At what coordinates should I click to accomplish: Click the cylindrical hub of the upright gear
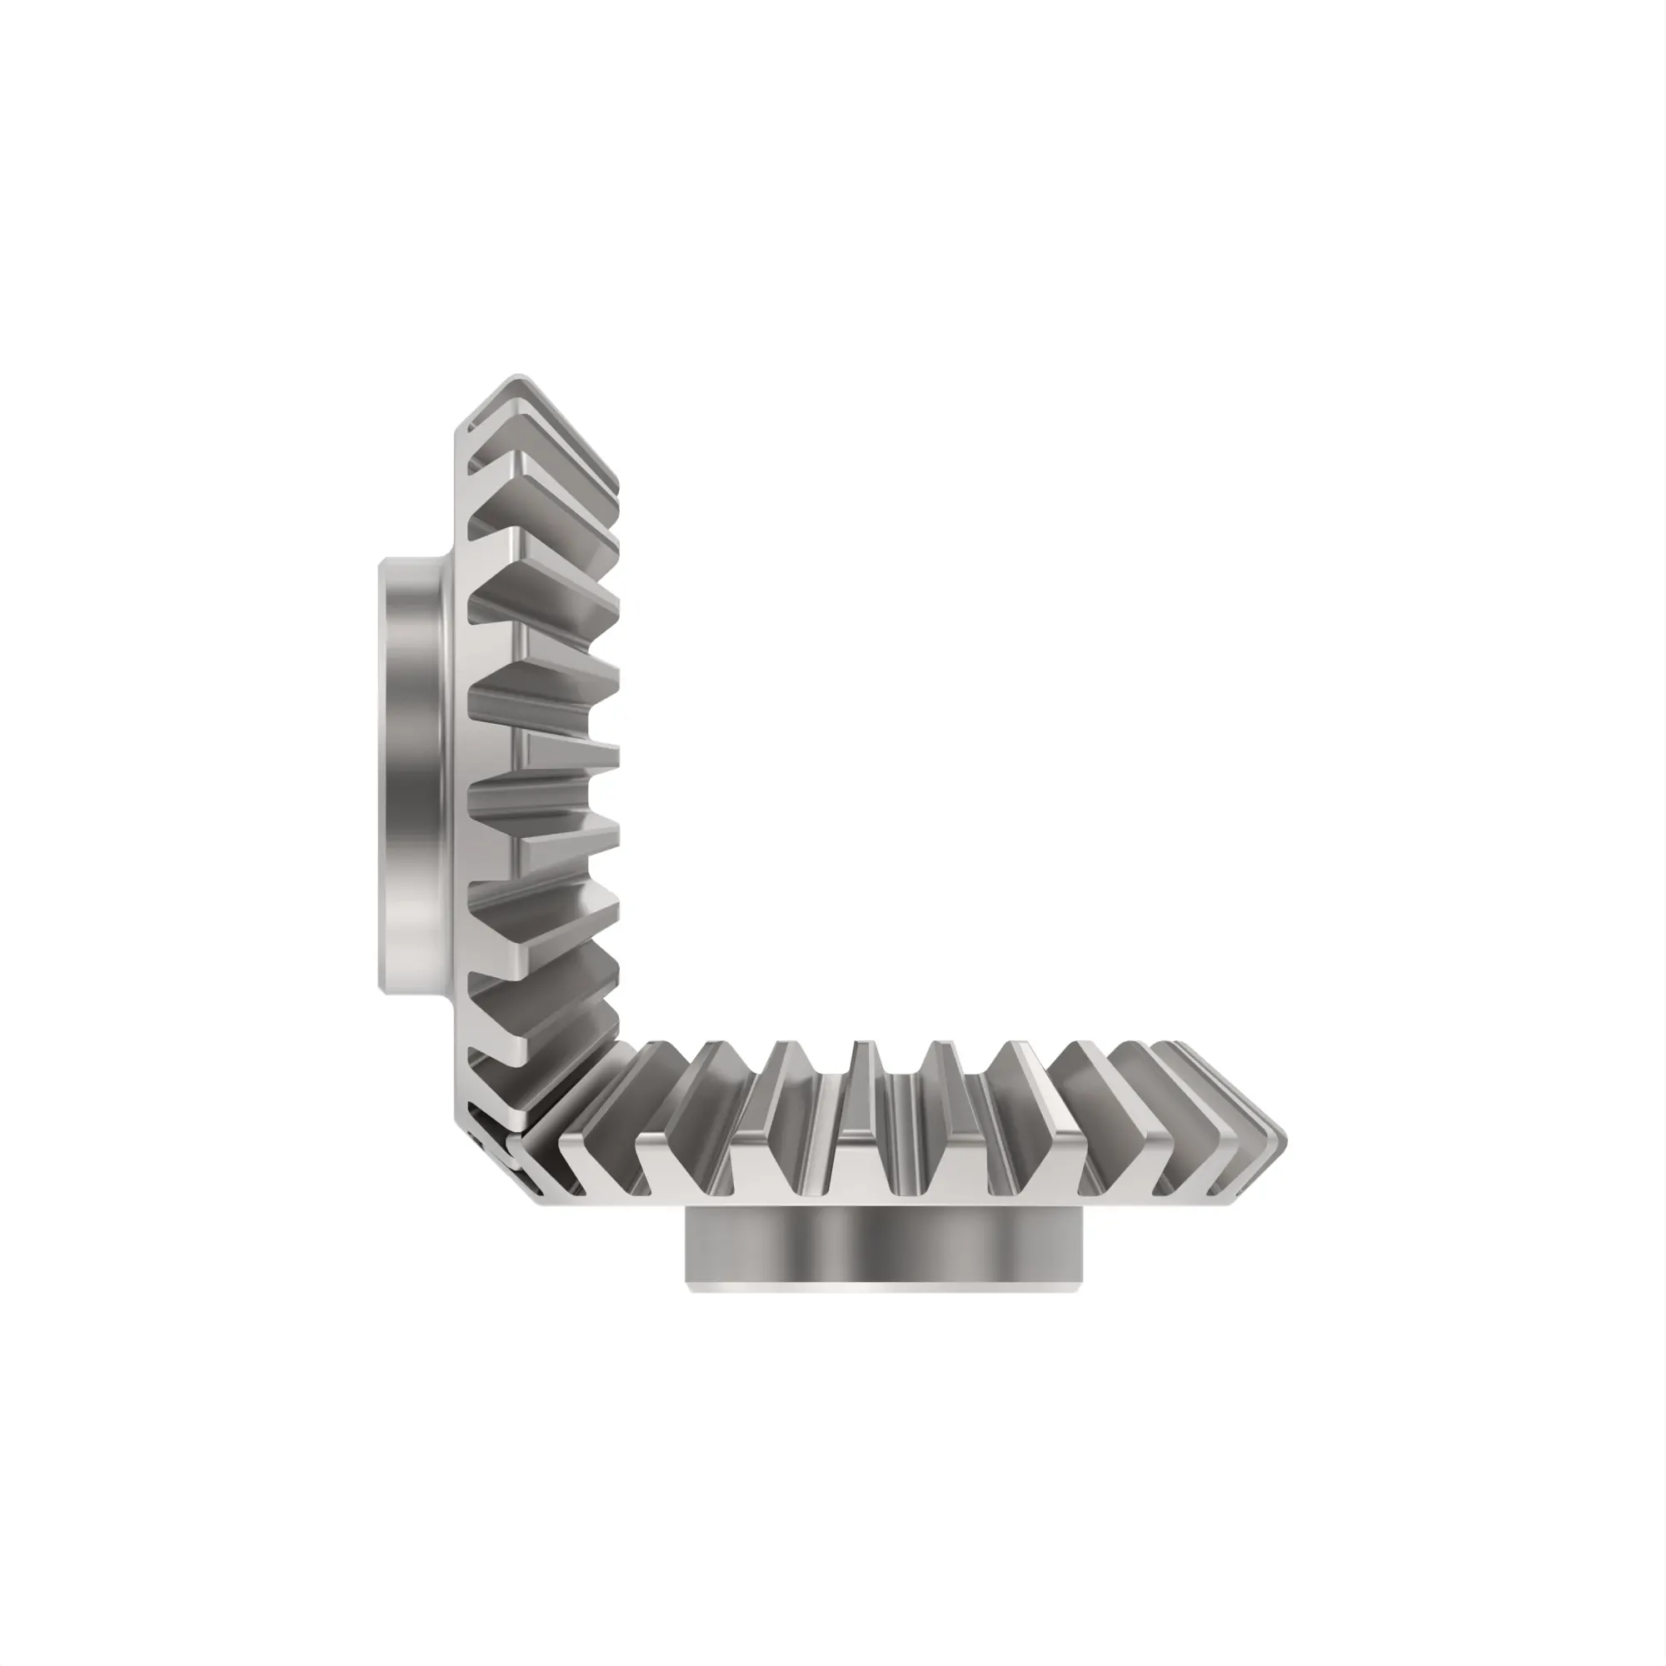412,776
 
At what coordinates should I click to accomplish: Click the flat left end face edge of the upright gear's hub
382,776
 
